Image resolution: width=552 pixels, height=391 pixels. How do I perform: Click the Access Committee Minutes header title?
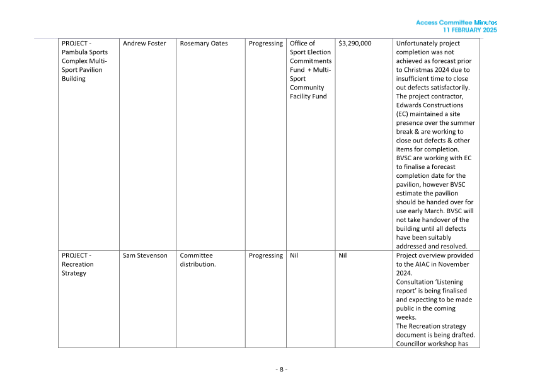(x=456, y=23)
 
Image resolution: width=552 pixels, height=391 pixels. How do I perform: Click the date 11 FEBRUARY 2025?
(x=469, y=30)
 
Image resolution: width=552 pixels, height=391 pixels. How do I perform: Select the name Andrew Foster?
(x=144, y=44)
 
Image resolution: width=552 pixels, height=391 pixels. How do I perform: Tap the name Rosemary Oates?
(x=204, y=44)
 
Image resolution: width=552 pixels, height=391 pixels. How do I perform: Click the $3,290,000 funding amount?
(x=355, y=44)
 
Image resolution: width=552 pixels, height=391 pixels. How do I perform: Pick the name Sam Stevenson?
(x=145, y=255)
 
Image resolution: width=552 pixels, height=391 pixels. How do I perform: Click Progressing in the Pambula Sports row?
(x=265, y=44)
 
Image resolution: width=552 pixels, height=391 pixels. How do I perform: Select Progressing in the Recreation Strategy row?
(x=265, y=255)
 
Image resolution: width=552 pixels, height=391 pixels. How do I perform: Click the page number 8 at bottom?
(x=281, y=369)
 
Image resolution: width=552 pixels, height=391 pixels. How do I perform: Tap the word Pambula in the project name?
(x=76, y=52)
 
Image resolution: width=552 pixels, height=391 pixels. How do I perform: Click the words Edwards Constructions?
(x=429, y=105)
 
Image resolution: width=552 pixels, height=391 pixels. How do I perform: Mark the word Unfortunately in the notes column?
(x=419, y=44)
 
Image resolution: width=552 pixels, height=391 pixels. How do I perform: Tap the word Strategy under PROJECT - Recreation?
(x=74, y=273)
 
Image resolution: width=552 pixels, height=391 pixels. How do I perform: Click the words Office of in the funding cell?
(x=302, y=44)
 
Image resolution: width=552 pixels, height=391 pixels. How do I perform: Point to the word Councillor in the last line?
(x=414, y=344)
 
